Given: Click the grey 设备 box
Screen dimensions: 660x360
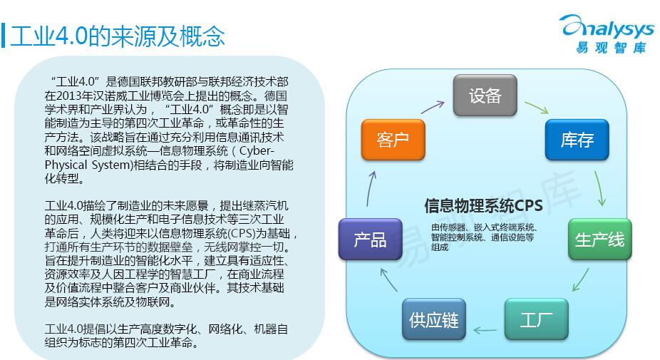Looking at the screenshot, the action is (485, 95).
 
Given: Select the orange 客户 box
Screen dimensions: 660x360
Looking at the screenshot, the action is (393, 140).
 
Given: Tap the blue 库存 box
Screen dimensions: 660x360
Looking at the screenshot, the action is (577, 140).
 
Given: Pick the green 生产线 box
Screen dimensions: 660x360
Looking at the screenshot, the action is (600, 239).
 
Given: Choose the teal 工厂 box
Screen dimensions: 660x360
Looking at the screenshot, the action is (536, 319).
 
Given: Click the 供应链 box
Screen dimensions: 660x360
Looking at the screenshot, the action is (434, 319).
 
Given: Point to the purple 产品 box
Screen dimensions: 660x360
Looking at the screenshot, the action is (371, 239).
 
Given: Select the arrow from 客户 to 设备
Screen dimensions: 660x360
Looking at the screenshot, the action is (433, 107).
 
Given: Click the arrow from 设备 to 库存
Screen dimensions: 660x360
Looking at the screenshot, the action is (537, 108).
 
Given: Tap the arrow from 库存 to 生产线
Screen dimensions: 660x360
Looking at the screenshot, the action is (600, 188).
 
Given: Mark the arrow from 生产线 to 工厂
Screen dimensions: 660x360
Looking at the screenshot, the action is (580, 280).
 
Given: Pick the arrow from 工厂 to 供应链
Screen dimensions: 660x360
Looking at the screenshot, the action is (485, 329).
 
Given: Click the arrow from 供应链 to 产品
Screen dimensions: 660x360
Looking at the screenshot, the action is (388, 279).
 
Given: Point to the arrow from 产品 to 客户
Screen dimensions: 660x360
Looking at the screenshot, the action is (371, 188).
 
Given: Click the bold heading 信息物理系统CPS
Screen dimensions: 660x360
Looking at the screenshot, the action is (483, 206).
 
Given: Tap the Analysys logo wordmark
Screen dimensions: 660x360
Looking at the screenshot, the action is (608, 28).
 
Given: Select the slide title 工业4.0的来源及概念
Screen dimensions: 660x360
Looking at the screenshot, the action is (118, 36).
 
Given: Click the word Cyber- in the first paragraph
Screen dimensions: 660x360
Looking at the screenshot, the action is (257, 150).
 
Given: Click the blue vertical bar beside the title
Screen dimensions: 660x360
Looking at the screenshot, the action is (4, 36).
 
